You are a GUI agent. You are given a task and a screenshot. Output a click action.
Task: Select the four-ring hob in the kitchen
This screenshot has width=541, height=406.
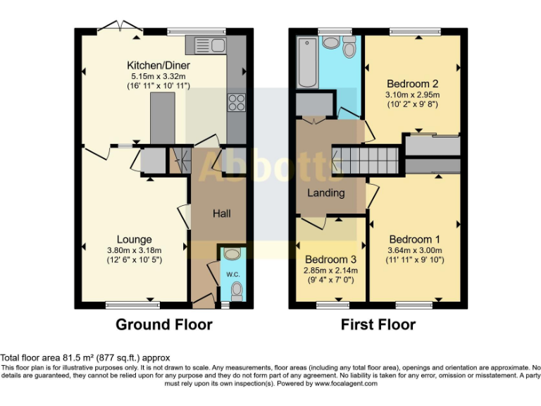236,102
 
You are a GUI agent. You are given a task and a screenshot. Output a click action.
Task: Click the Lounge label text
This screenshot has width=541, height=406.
135,240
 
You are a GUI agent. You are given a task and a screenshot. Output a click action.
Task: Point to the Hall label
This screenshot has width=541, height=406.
222,213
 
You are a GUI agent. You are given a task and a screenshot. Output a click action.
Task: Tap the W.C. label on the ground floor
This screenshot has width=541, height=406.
233,274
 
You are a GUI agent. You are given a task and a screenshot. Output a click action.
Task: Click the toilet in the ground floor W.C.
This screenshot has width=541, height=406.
236,291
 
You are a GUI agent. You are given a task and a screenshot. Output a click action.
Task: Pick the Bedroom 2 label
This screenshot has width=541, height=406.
412,84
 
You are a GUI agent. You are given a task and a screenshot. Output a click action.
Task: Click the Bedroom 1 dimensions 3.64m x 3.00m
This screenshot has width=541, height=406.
414,250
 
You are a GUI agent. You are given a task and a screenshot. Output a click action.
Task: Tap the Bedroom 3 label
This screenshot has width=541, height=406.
330,259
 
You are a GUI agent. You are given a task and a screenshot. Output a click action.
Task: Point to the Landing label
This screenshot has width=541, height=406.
327,192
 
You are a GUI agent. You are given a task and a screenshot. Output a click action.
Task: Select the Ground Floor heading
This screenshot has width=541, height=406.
163,324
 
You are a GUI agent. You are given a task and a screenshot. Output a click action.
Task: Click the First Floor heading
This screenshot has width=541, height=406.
378,324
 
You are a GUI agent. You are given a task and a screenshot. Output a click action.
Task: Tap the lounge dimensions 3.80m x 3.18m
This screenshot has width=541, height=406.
135,250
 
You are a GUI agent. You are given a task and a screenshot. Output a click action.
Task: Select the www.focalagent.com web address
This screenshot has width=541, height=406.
345,384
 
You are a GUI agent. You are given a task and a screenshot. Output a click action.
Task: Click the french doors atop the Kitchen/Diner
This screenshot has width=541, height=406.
119,28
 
